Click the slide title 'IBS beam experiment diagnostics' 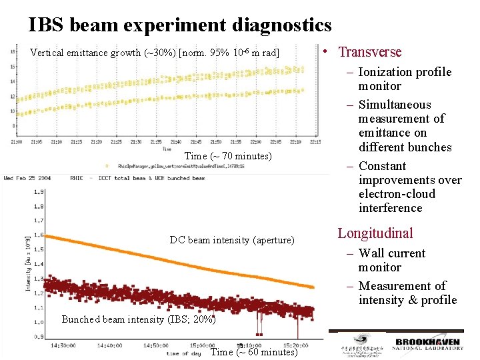click(x=180, y=25)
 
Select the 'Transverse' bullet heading click(x=369, y=52)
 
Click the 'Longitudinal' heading click(x=375, y=233)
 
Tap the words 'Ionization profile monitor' click(x=405, y=79)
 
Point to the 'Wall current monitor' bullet click(x=391, y=260)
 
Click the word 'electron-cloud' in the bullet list click(x=397, y=194)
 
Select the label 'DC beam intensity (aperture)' click(x=232, y=240)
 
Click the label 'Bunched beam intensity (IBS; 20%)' click(x=139, y=319)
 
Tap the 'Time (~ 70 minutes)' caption click(x=228, y=156)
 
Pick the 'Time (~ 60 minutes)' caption click(x=254, y=352)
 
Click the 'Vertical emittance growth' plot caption click(x=155, y=53)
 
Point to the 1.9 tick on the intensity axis click(x=40, y=192)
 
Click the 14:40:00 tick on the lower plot click(x=110, y=345)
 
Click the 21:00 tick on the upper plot click(x=17, y=142)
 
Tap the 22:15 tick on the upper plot click(x=315, y=142)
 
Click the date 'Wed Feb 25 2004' click(x=29, y=178)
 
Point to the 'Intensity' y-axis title click(x=28, y=266)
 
